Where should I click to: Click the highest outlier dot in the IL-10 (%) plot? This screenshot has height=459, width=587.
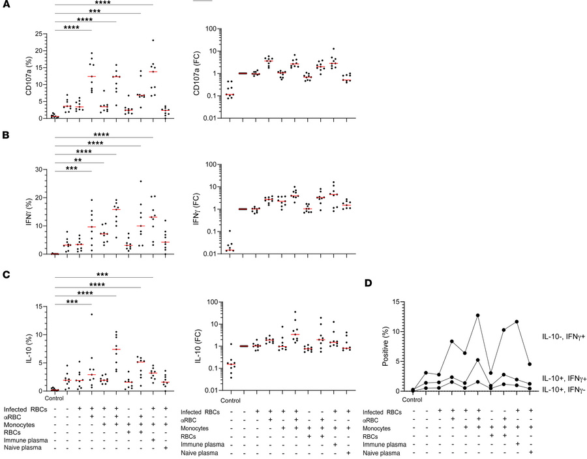coord(92,314)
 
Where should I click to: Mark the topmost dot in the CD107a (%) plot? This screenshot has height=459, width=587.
coord(153,40)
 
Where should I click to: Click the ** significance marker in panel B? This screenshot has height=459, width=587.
coord(78,158)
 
